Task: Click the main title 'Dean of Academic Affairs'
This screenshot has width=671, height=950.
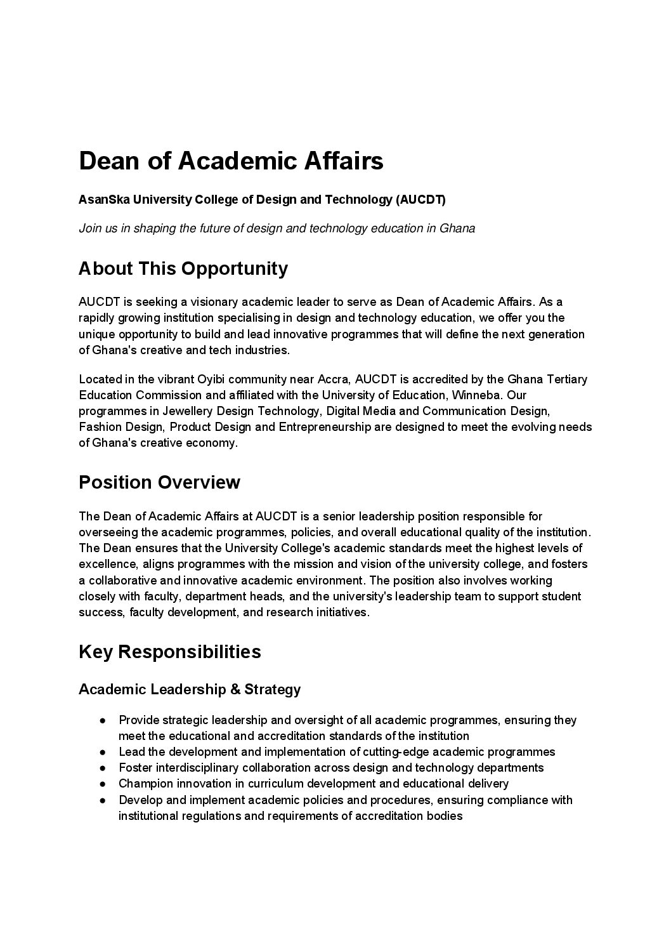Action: [231, 161]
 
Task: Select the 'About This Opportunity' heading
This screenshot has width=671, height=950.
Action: [183, 268]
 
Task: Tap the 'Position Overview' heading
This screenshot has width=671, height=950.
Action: [159, 482]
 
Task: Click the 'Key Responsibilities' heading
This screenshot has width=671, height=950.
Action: [169, 652]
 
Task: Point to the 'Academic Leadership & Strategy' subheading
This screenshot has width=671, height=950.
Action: [190, 689]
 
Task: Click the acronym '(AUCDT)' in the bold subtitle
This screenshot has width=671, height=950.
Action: [421, 200]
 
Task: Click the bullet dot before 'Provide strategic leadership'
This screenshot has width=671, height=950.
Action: [102, 720]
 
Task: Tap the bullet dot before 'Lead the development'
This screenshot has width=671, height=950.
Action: [102, 752]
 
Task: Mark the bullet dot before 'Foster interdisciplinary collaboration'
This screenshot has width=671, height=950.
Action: [102, 768]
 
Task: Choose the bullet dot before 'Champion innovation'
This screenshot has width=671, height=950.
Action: [102, 784]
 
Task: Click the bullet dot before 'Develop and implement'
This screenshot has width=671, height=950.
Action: [102, 800]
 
